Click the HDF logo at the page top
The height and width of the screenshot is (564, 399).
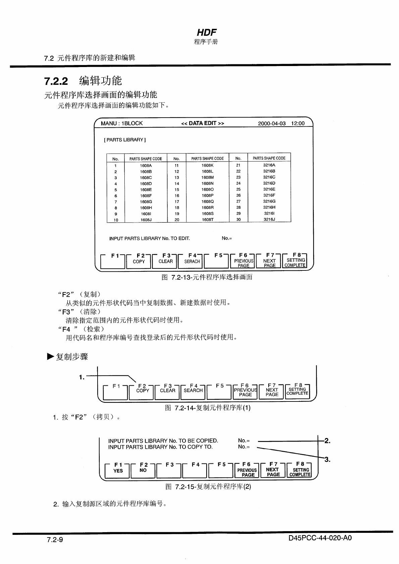[x=207, y=33]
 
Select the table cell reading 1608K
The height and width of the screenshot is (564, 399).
[x=207, y=165]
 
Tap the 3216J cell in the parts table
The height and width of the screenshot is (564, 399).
[x=269, y=220]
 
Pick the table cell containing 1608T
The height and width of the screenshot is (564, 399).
[x=207, y=220]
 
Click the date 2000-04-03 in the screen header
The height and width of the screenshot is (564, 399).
[x=272, y=123]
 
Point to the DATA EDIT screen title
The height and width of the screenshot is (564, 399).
[x=203, y=123]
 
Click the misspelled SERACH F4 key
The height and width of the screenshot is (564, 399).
[x=192, y=261]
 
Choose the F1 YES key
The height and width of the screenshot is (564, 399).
[x=118, y=470]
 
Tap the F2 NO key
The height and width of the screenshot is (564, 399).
[x=143, y=470]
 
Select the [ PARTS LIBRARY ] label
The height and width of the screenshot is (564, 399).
[x=125, y=140]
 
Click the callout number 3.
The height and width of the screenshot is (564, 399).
[x=327, y=460]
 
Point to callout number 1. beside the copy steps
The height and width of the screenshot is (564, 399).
[x=82, y=377]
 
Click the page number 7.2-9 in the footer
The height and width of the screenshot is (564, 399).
[x=55, y=540]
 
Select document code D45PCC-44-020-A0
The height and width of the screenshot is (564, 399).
[x=320, y=538]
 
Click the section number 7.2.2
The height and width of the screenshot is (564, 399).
[x=56, y=81]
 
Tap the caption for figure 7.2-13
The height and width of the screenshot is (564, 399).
[x=207, y=277]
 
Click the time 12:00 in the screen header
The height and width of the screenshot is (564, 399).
[x=298, y=123]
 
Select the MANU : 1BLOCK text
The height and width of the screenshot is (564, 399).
[x=122, y=123]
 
